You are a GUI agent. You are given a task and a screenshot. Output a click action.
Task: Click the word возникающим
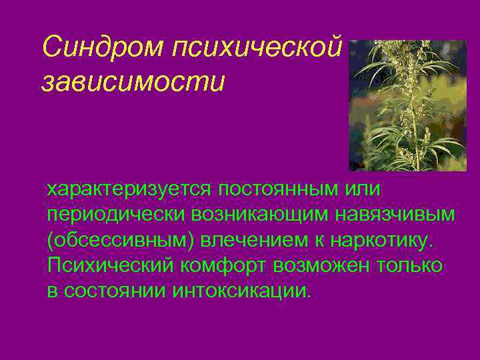click(x=263, y=215)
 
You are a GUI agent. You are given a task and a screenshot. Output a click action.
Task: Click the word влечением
click(x=251, y=240)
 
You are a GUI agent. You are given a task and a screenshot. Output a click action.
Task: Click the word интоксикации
click(x=241, y=291)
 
